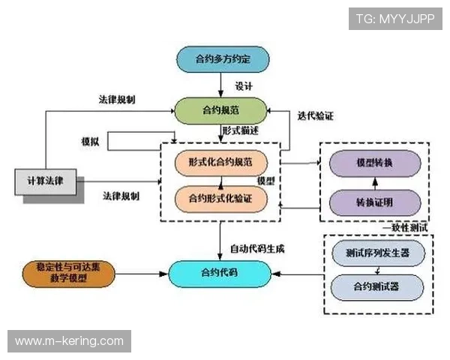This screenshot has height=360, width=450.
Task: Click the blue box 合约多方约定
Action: tap(222, 58)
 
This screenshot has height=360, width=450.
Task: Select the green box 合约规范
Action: tap(221, 111)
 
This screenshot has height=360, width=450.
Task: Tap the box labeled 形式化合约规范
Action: tap(220, 161)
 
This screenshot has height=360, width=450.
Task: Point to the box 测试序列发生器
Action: tap(378, 253)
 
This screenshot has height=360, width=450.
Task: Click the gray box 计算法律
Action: tap(46, 181)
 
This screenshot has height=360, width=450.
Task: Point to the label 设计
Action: tap(243, 85)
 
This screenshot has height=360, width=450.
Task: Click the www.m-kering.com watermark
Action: tap(69, 341)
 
